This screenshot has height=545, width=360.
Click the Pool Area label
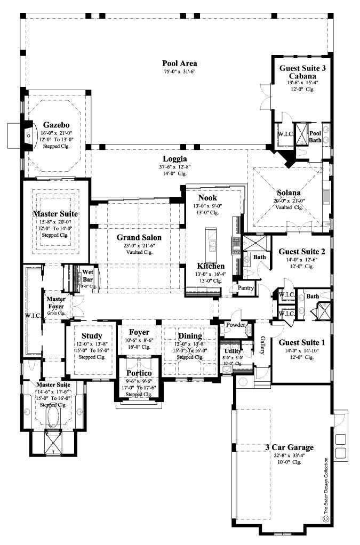click(180, 63)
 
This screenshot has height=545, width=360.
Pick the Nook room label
click(207, 197)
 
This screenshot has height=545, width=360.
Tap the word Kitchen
click(210, 266)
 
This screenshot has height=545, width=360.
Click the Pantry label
click(245, 288)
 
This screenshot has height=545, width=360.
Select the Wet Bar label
click(87, 276)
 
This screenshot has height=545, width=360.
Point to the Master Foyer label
click(55, 302)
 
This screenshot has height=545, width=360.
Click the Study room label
click(92, 335)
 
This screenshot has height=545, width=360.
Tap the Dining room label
click(190, 335)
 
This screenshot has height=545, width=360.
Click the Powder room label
click(235, 324)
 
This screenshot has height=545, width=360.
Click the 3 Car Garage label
click(289, 447)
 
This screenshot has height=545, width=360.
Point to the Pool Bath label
click(316, 136)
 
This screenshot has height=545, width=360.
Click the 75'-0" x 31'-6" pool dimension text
click(180, 71)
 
